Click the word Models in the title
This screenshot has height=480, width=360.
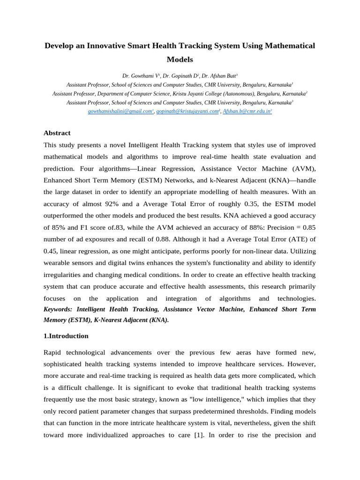click(180, 60)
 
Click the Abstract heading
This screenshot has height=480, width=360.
click(57, 133)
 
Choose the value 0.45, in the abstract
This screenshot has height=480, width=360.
click(52, 251)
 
